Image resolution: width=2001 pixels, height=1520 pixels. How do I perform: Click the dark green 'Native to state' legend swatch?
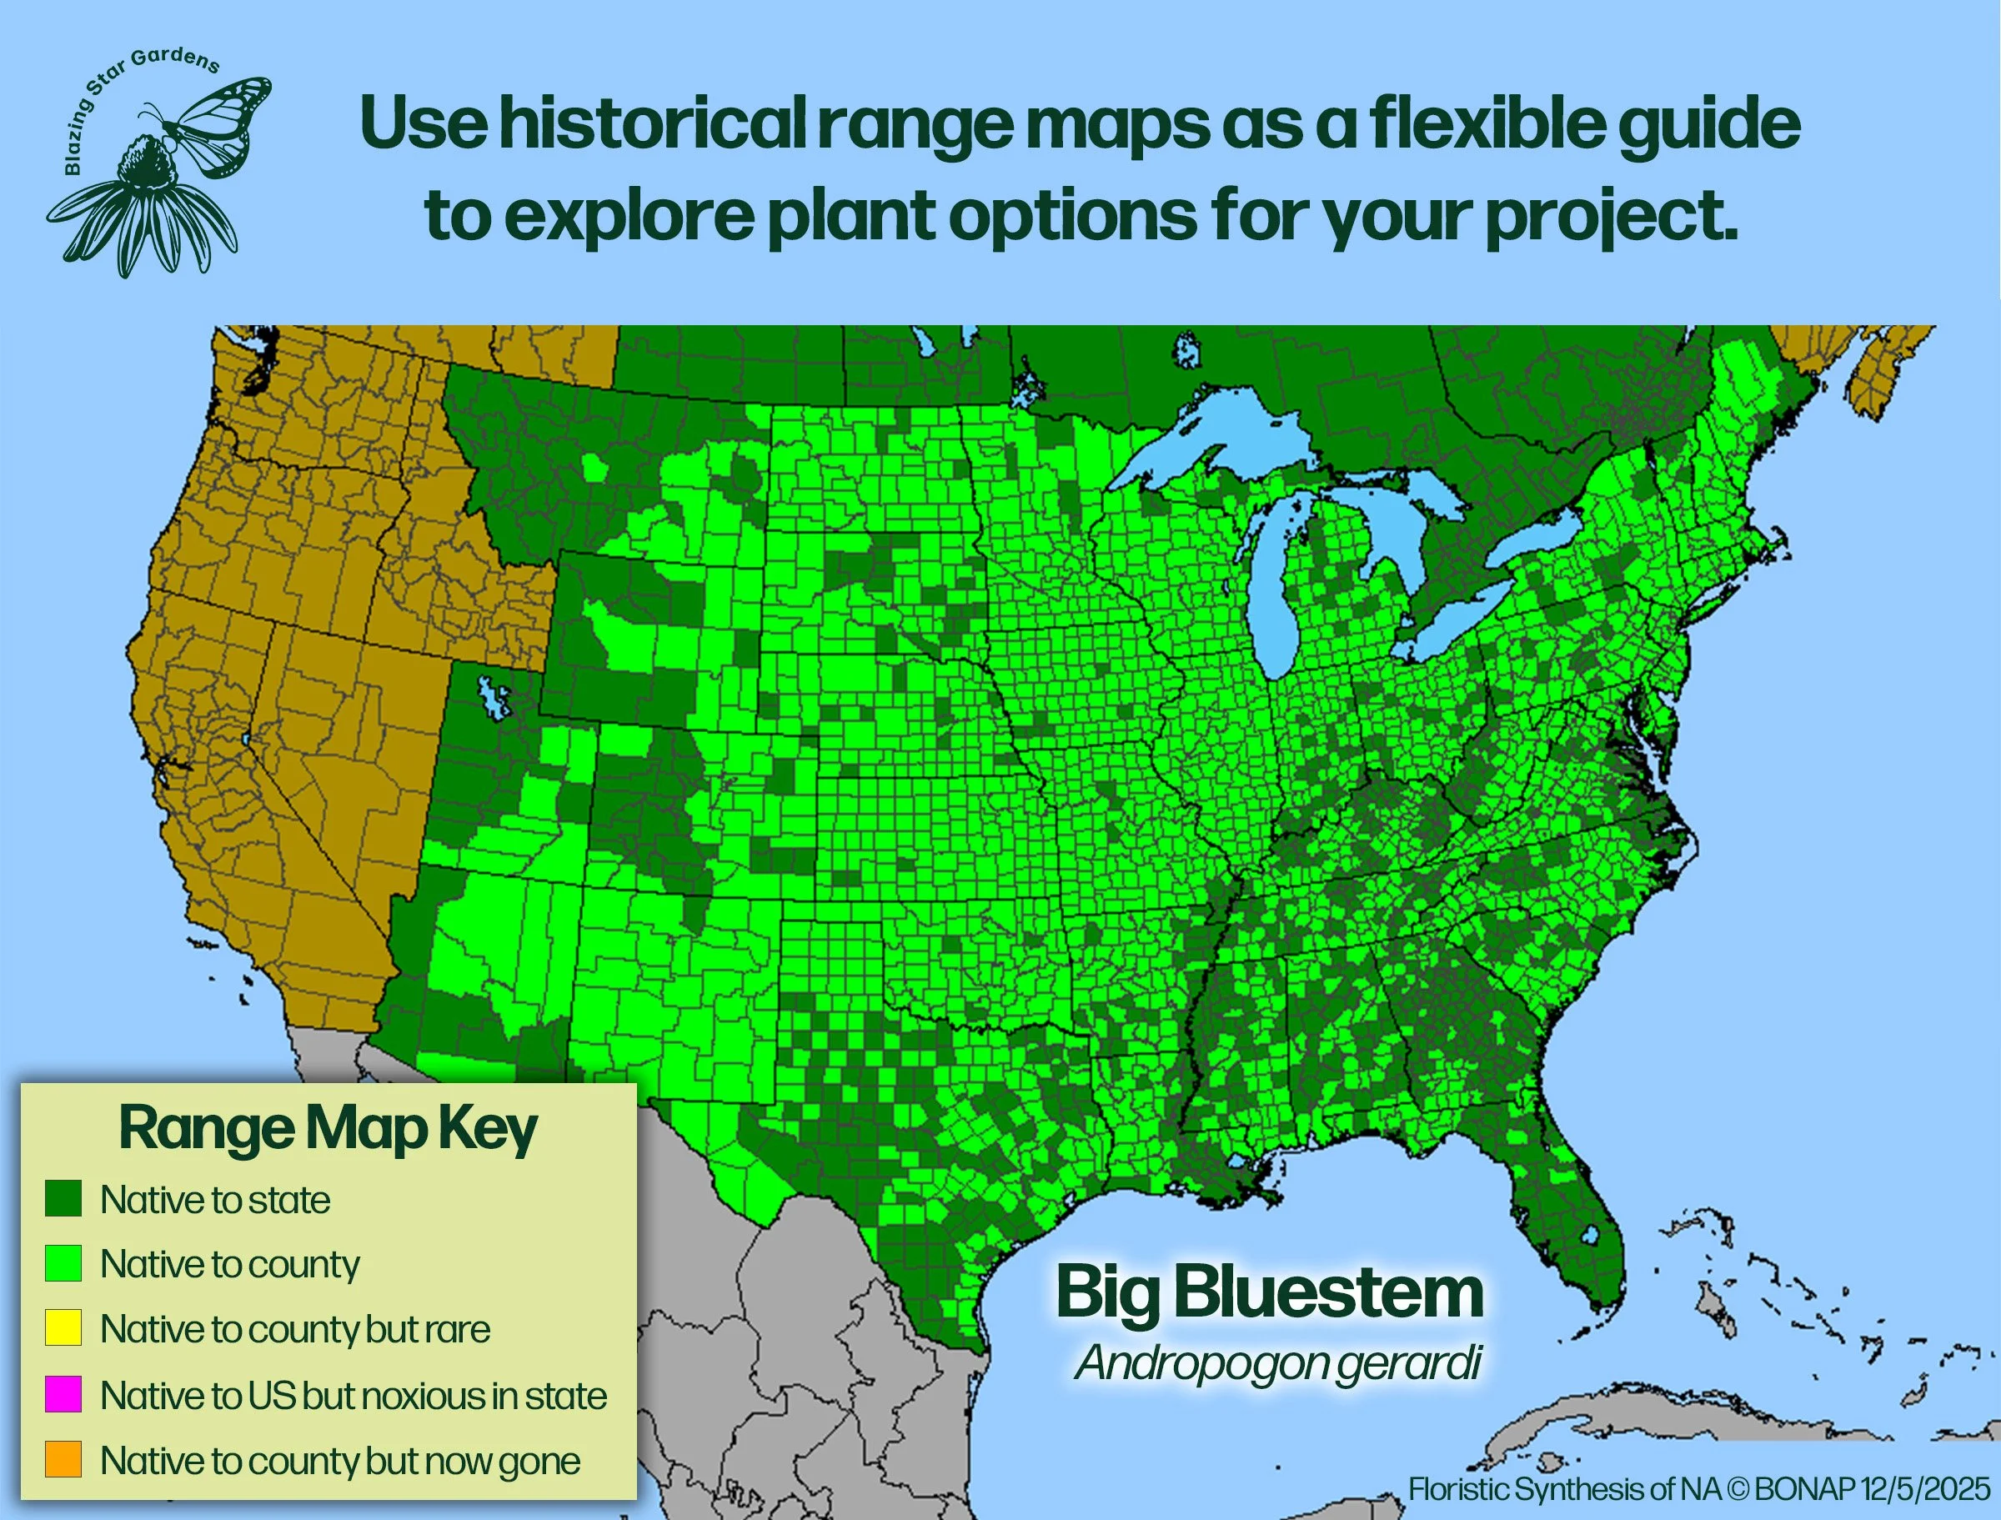coord(63,1199)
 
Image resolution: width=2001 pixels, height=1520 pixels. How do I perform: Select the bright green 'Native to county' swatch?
coord(63,1263)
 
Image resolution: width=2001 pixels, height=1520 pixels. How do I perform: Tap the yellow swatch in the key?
coord(63,1328)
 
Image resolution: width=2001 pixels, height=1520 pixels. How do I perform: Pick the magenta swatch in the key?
coord(63,1394)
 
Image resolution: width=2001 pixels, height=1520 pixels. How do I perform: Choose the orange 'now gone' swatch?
coord(63,1459)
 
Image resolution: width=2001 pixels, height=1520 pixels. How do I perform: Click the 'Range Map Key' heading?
coord(328,1129)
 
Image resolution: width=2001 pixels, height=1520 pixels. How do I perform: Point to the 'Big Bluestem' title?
coord(1269,1293)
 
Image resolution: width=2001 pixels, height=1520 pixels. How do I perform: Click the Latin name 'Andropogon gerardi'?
coord(1277,1362)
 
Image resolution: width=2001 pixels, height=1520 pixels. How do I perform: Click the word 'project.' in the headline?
coord(1611,216)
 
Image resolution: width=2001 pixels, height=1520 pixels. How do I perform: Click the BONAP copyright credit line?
coord(1699,1488)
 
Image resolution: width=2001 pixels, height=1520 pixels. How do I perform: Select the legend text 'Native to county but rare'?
coord(295,1329)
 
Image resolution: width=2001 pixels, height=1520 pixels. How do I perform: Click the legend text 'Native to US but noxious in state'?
coord(353,1395)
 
